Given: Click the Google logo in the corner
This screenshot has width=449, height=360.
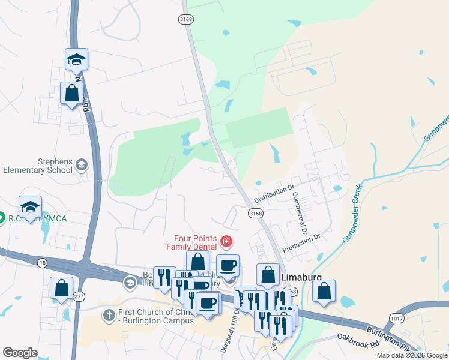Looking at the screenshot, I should coord(20,353).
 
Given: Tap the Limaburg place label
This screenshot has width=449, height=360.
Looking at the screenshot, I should coord(301,277).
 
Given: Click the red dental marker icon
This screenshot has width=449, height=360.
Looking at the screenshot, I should coord(226,242).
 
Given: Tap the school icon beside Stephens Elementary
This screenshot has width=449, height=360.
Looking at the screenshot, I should coord(81,165).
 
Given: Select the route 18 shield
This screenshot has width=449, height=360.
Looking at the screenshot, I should coord(41,262).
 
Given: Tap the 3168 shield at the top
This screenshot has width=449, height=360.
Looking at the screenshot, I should coord(185,19).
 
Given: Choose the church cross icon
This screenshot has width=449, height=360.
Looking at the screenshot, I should coord(109,315).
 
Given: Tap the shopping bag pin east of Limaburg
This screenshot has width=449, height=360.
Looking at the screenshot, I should coord(324,292).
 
